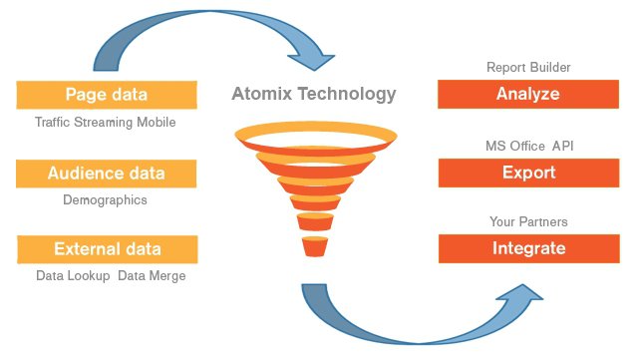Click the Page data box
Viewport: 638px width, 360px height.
(106, 96)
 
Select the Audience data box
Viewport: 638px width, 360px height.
(106, 174)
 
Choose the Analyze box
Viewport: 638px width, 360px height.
(527, 96)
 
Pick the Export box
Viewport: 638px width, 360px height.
(527, 174)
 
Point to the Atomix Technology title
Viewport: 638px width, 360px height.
(314, 95)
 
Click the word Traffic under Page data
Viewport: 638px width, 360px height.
(54, 123)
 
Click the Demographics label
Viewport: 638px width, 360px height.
(105, 199)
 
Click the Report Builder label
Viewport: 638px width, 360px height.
(527, 68)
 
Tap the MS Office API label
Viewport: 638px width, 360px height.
(527, 147)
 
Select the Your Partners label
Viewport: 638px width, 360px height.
(527, 221)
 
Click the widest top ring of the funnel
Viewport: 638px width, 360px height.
(314, 134)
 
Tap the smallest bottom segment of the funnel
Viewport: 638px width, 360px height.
(314, 244)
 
